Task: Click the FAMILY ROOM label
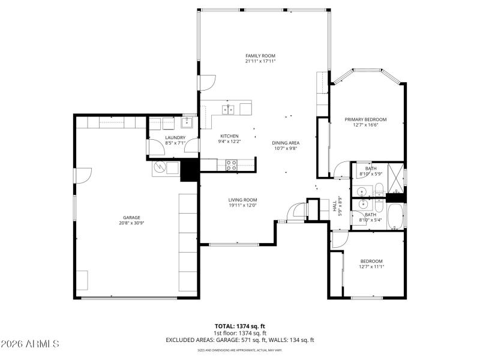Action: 260,55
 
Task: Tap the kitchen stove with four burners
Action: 230,164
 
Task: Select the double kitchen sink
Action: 228,109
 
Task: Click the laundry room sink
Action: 187,123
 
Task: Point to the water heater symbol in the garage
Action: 160,167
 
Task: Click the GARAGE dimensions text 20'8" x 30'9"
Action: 131,223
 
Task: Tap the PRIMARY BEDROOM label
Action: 365,119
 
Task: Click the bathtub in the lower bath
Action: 396,217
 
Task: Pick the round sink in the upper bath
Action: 361,192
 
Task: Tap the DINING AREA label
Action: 286,143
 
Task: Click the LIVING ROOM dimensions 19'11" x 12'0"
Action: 242,206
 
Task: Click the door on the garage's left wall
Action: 82,175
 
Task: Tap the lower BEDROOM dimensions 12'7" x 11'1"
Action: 371,266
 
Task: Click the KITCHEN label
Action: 229,136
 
